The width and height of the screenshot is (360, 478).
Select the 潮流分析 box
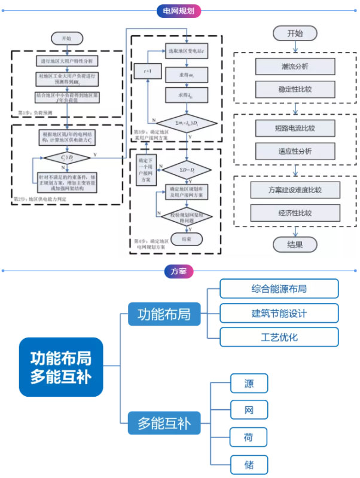[294, 66]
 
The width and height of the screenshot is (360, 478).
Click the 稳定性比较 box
[294, 90]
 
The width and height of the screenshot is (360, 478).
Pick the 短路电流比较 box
[294, 127]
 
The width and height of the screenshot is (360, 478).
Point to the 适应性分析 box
[294, 151]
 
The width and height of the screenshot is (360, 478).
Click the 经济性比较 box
[294, 213]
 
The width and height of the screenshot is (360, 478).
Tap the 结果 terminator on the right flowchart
[295, 244]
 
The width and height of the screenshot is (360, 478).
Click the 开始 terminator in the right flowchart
[295, 33]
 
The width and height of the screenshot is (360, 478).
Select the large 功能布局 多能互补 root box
[61, 367]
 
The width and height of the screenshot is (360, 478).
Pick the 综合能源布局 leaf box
[279, 289]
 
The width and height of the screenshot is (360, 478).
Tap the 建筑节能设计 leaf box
[279, 312]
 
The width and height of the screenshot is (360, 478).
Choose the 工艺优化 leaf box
[279, 337]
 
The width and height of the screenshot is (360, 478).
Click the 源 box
[249, 383]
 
